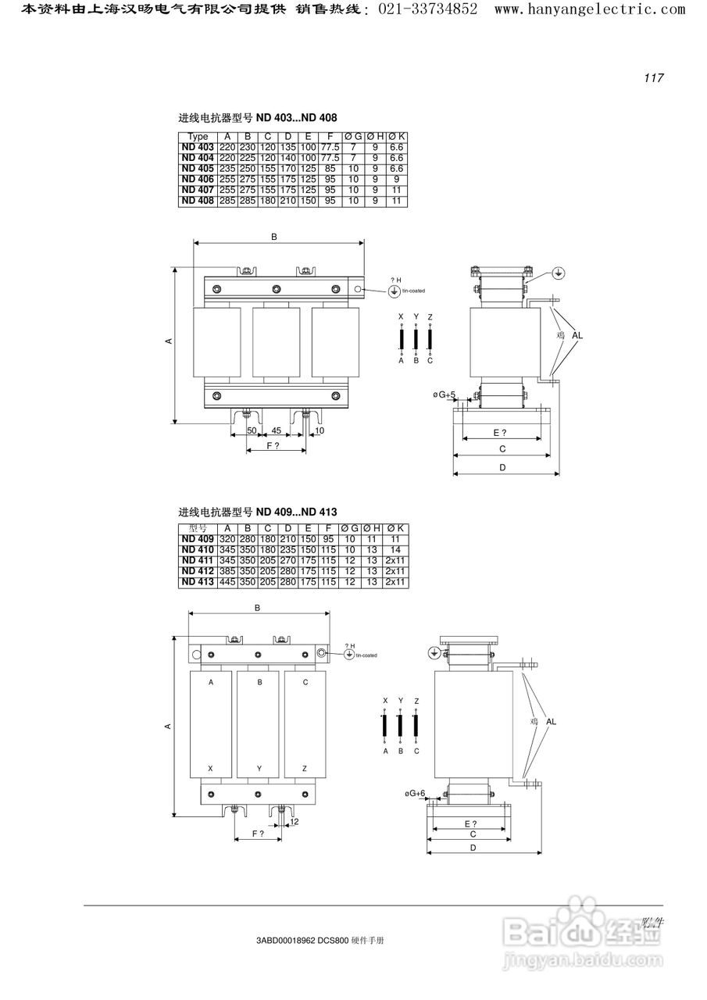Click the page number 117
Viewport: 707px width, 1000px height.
coord(653,77)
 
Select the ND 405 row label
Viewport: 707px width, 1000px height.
coord(198,168)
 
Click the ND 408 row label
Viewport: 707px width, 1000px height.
coord(198,201)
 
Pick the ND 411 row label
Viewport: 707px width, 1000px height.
coord(198,560)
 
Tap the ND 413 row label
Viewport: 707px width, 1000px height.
coord(198,582)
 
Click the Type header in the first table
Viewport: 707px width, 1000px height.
coord(198,137)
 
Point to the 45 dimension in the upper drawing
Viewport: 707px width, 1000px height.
coord(276,430)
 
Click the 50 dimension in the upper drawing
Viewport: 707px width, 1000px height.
coord(252,430)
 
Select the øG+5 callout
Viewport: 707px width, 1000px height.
coord(445,395)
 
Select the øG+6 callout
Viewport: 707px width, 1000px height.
coord(415,793)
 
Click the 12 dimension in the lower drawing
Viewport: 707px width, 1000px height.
coord(295,821)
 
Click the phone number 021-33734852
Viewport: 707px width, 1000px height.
coord(429,9)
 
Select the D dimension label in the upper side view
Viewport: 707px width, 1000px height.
coord(503,467)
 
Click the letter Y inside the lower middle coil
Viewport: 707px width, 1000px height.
coord(259,769)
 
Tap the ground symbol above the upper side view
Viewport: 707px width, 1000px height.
coord(558,273)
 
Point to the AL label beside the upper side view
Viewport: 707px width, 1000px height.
coord(577,335)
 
